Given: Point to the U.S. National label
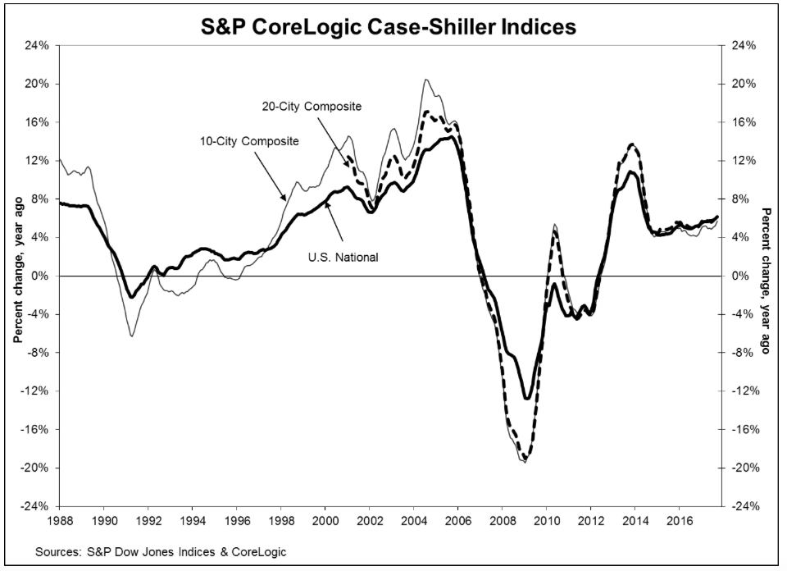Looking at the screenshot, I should [x=343, y=257].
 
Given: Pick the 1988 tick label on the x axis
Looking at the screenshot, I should [x=60, y=520].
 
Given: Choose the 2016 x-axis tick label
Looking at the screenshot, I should [x=678, y=520].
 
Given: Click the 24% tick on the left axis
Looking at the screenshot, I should [x=39, y=45].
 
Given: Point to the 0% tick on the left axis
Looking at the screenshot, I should [x=43, y=276].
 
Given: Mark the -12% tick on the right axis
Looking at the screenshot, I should [x=739, y=391].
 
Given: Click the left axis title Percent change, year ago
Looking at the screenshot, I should [x=17, y=276].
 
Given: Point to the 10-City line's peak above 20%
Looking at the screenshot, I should [x=426, y=80].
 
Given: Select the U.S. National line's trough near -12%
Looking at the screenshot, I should [x=526, y=399].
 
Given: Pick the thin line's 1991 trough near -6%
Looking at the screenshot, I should [x=131, y=336].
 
